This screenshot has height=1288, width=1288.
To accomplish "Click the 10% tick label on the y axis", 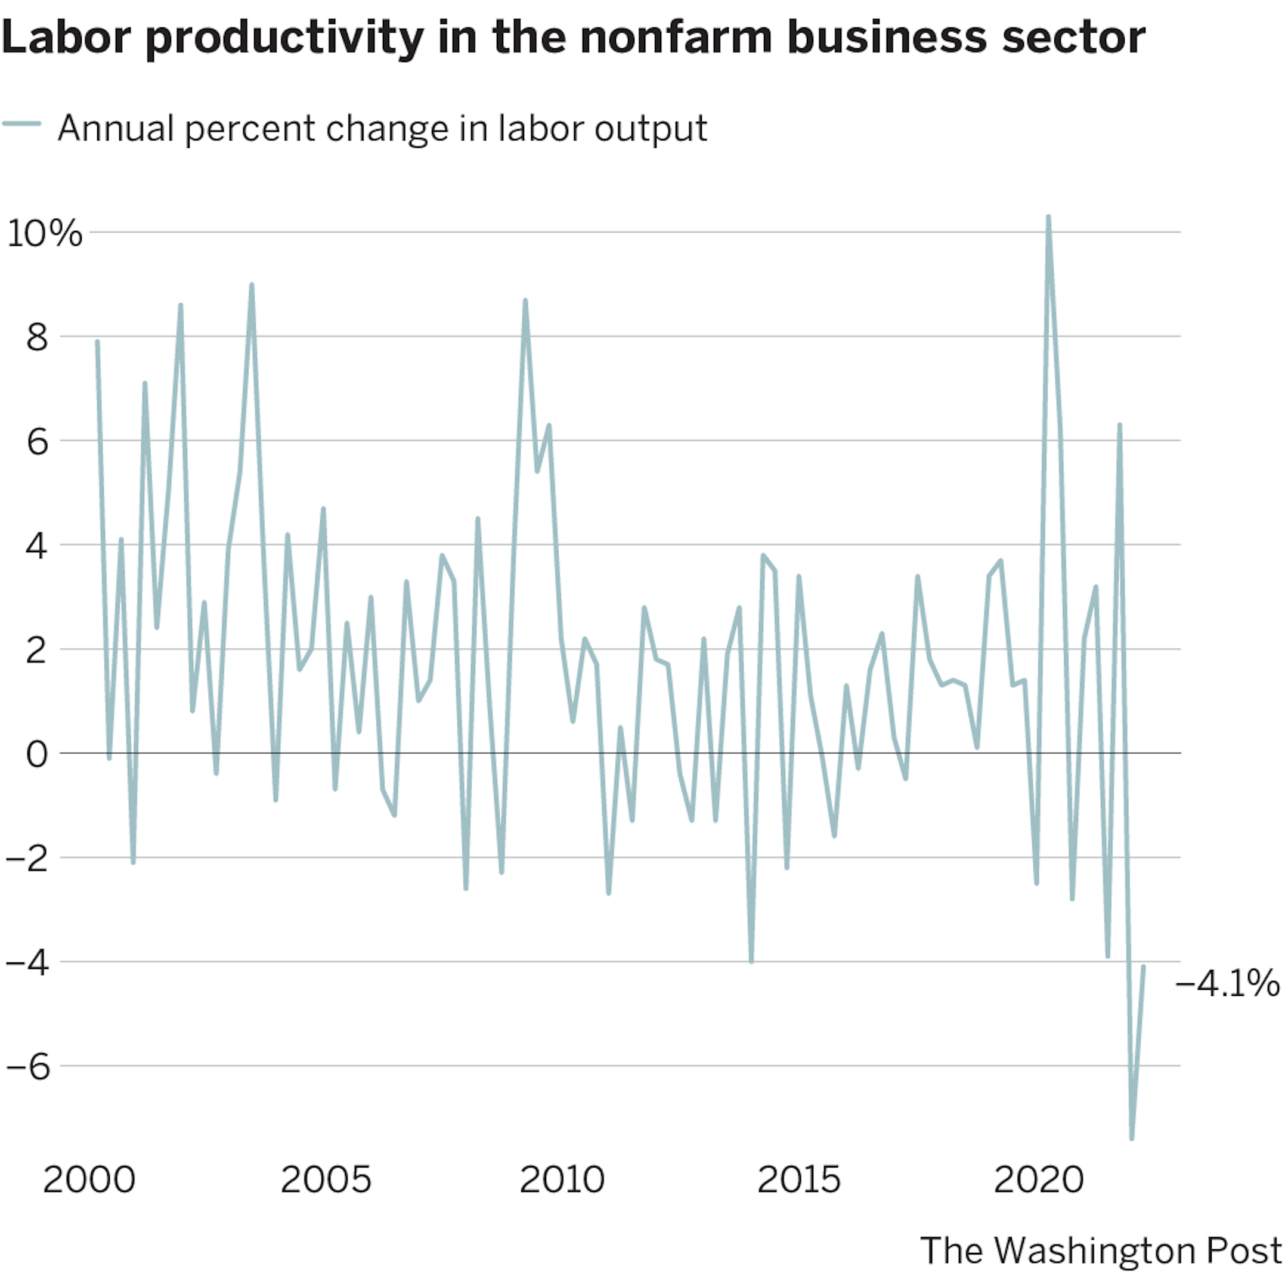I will [44, 233].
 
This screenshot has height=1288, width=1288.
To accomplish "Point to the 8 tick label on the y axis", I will [38, 338].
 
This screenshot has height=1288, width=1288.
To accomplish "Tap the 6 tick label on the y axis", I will [38, 441].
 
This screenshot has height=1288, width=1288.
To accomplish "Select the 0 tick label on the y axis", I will [38, 754].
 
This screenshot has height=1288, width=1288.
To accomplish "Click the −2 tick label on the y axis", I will [28, 859].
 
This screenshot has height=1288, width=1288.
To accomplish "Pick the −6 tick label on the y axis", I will [28, 1067].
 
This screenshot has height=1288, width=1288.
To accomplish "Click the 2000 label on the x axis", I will [89, 1180].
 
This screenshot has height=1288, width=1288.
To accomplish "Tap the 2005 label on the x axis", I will [326, 1180].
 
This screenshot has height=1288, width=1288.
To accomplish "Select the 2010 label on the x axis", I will [562, 1180].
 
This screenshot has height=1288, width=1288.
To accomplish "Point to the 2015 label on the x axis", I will [798, 1180].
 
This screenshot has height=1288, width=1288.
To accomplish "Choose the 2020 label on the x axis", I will [1039, 1180].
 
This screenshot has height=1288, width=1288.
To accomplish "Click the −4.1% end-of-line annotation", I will [1227, 983].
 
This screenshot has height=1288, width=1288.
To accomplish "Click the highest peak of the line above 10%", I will [1048, 217].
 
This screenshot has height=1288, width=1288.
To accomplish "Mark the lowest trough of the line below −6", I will [1131, 1138].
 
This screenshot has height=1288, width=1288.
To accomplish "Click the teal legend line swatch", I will [22, 124].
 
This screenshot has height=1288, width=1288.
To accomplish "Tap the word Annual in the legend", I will [115, 128].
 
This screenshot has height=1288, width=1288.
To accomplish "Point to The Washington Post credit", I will [1101, 1250].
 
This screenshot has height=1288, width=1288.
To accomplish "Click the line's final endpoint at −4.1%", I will [1143, 966].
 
